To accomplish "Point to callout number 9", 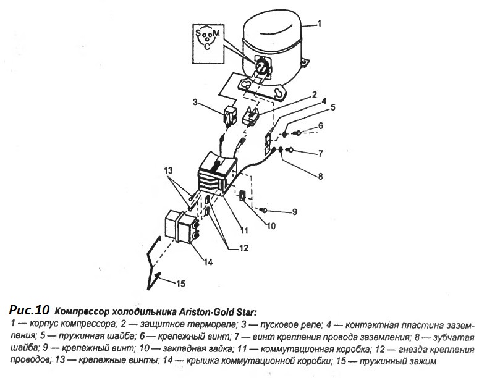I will point(294,212).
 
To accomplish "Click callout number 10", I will point(270,226).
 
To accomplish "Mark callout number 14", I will point(208,262).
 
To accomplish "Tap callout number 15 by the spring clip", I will point(180,283).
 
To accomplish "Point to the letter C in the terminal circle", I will point(206,46).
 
